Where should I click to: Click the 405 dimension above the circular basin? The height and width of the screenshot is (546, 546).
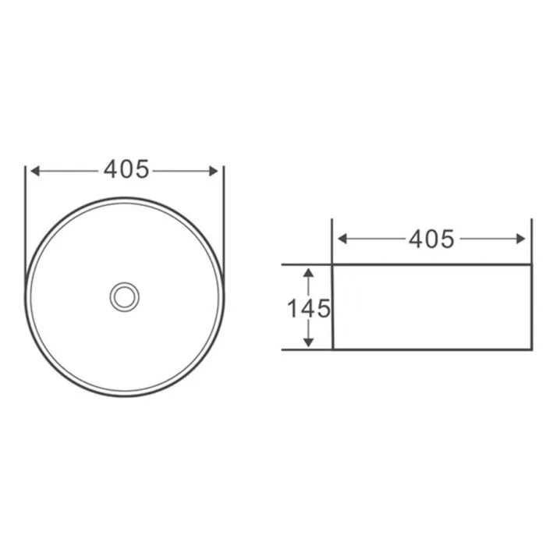pos(126,169)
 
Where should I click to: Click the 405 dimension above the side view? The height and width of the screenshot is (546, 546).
pos(431,239)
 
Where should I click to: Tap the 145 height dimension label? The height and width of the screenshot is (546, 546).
pos(309,309)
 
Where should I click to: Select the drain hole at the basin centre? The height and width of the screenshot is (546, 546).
pos(124,297)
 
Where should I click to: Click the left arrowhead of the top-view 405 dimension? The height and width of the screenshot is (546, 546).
pos(35,171)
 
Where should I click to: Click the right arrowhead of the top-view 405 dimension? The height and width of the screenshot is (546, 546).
pos(214,171)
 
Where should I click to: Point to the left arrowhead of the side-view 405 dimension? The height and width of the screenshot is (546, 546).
pos(342,239)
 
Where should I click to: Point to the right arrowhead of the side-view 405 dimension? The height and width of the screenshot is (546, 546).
pos(521,239)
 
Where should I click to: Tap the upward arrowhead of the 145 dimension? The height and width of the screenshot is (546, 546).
pos(309,273)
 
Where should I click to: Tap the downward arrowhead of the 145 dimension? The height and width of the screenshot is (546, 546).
pos(309,342)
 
